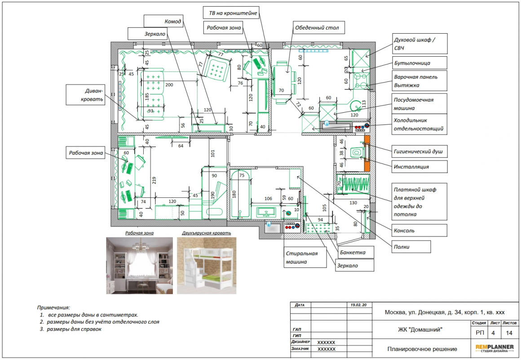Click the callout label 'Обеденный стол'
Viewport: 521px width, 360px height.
(x=318, y=27)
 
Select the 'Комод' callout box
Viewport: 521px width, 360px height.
(x=164, y=21)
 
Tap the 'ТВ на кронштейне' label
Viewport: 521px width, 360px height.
(x=231, y=13)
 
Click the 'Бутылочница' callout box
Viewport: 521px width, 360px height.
(x=419, y=63)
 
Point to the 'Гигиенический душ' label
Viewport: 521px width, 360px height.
(x=419, y=151)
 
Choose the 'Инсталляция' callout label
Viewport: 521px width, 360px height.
(x=419, y=167)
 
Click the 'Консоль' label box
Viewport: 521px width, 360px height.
(x=419, y=231)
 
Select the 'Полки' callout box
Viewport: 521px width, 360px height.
(x=411, y=247)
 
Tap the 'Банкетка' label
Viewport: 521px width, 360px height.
(x=356, y=252)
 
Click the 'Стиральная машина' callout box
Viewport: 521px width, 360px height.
(x=305, y=257)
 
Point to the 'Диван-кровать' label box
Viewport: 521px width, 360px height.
(x=85, y=95)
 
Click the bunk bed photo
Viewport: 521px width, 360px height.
(x=207, y=266)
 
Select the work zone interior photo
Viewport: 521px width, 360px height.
(x=140, y=266)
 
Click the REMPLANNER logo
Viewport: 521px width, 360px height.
(x=495, y=348)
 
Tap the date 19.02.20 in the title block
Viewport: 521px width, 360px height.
(x=358, y=305)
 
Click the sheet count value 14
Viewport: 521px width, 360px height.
(x=509, y=333)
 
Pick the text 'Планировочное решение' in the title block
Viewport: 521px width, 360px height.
(x=422, y=349)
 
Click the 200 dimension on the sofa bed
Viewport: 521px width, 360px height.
(x=169, y=85)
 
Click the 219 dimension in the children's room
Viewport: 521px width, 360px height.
(x=154, y=181)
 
